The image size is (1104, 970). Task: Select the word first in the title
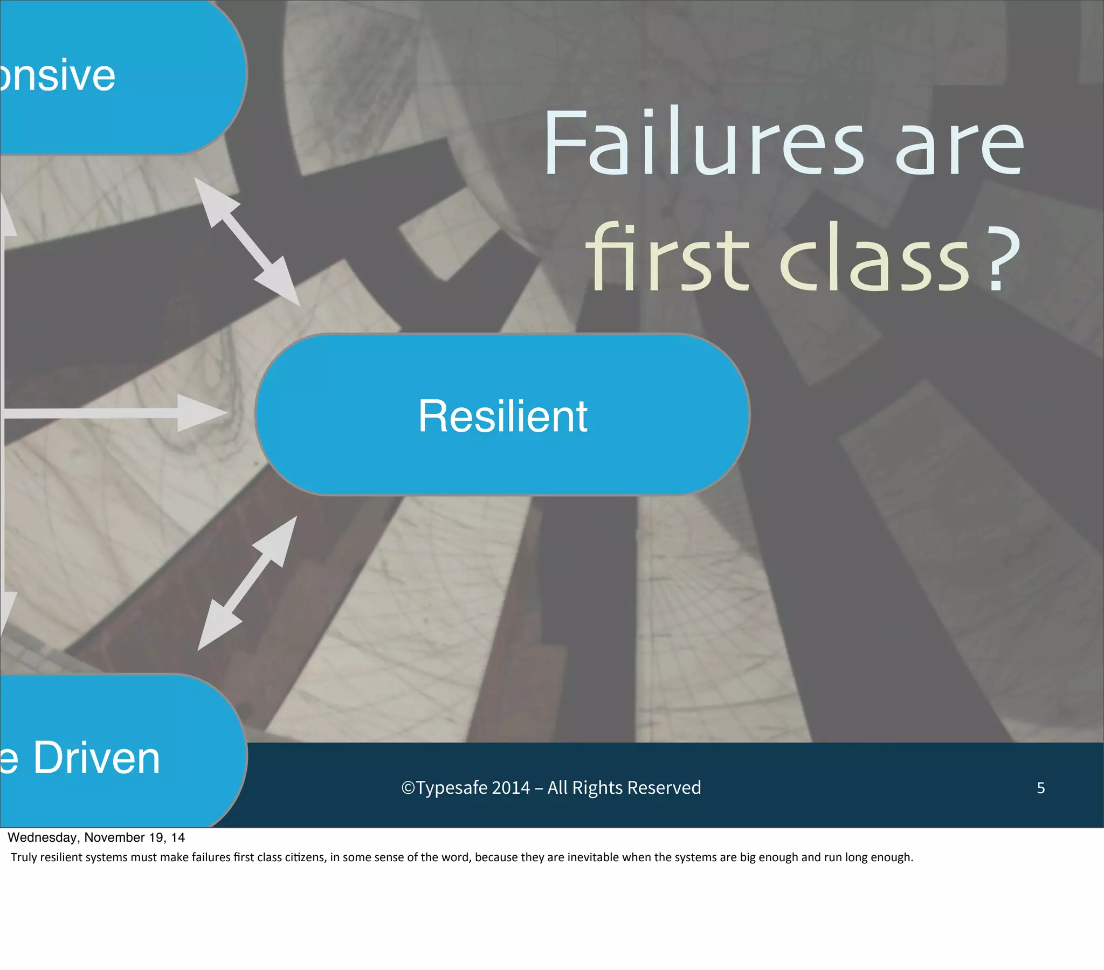click(667, 258)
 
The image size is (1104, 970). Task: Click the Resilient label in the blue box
click(502, 416)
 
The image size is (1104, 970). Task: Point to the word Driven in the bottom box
click(97, 758)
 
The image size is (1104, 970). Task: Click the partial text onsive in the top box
click(57, 75)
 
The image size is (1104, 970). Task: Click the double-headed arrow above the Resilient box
click(247, 241)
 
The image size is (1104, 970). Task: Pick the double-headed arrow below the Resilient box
click(247, 583)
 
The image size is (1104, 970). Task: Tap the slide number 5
click(1041, 788)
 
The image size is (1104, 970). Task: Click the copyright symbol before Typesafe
click(408, 788)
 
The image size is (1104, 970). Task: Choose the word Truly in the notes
click(23, 857)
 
